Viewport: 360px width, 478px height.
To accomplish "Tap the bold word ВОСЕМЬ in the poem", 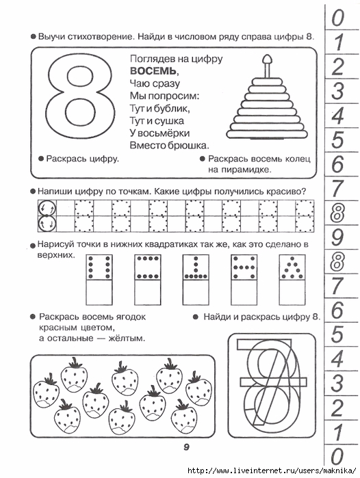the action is pos(153,71).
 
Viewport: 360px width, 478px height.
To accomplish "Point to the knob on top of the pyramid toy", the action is pos(267,59).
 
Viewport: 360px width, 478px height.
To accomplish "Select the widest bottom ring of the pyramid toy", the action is pos(267,133).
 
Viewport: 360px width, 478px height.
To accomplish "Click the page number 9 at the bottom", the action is pos(186,447).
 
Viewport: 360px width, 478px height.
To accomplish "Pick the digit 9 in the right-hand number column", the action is pos(337,237).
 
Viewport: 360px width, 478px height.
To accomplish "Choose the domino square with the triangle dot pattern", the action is pos(292,267).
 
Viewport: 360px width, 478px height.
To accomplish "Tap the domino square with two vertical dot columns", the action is pos(99,267).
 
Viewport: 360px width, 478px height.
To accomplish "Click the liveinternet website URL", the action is pos(271,470).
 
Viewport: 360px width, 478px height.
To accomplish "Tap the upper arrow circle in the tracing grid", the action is pos(47,208).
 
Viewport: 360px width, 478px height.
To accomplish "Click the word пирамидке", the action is pos(240,170).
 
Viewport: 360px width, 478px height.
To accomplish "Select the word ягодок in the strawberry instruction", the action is pos(130,317).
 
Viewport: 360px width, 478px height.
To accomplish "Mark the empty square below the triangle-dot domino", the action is pos(292,293).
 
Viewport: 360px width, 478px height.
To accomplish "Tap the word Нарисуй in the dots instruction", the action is pos(55,245).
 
